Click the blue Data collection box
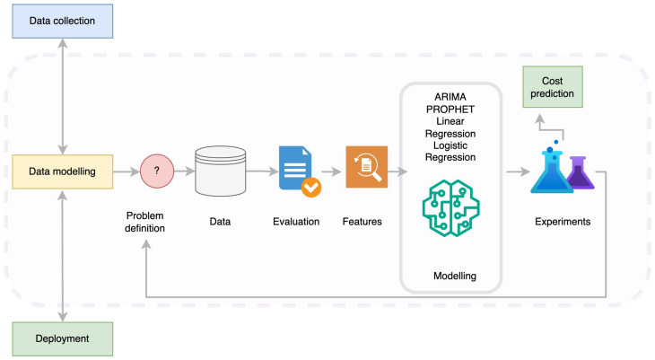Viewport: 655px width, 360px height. (x=62, y=21)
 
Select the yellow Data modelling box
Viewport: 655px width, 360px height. (x=62, y=171)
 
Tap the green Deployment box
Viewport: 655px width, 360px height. (x=62, y=338)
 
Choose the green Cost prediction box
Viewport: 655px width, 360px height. (x=552, y=87)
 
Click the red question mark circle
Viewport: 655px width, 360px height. (x=157, y=171)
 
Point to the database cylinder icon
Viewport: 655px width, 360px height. (x=221, y=171)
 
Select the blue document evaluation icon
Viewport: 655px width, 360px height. (x=296, y=168)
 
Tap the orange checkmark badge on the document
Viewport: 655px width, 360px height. (x=311, y=188)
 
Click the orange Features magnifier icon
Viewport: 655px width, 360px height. (x=367, y=167)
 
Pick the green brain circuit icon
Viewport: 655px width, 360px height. (x=450, y=208)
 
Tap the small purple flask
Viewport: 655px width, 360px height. (x=580, y=173)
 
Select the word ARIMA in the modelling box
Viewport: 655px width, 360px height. (x=450, y=97)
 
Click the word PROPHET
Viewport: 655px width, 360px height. (x=450, y=110)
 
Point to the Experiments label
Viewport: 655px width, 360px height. (x=563, y=222)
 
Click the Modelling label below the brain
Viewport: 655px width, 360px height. (x=455, y=276)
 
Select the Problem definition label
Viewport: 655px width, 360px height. (x=145, y=222)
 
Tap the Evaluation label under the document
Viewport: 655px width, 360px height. (x=296, y=222)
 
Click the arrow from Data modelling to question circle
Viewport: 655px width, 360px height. (x=127, y=171)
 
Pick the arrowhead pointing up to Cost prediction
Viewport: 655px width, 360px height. (x=540, y=119)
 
